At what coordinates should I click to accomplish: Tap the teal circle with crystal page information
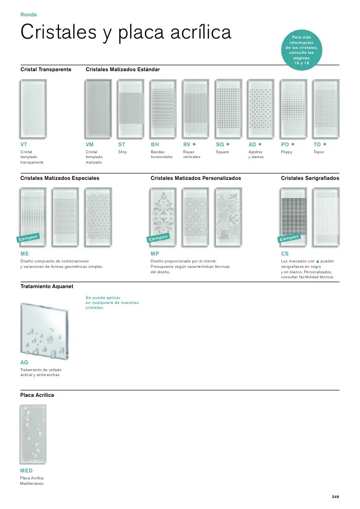tap(304, 50)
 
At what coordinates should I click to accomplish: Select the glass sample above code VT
tap(34, 108)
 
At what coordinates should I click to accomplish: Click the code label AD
tap(252, 144)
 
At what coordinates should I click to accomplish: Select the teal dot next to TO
tap(325, 144)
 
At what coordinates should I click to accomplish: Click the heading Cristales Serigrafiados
tap(310, 178)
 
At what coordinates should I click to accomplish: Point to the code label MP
tap(155, 253)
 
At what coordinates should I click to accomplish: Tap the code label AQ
tap(24, 362)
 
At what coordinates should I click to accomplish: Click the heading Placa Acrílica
tap(37, 395)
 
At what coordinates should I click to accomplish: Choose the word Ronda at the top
tap(28, 14)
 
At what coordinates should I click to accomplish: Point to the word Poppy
tap(287, 152)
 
